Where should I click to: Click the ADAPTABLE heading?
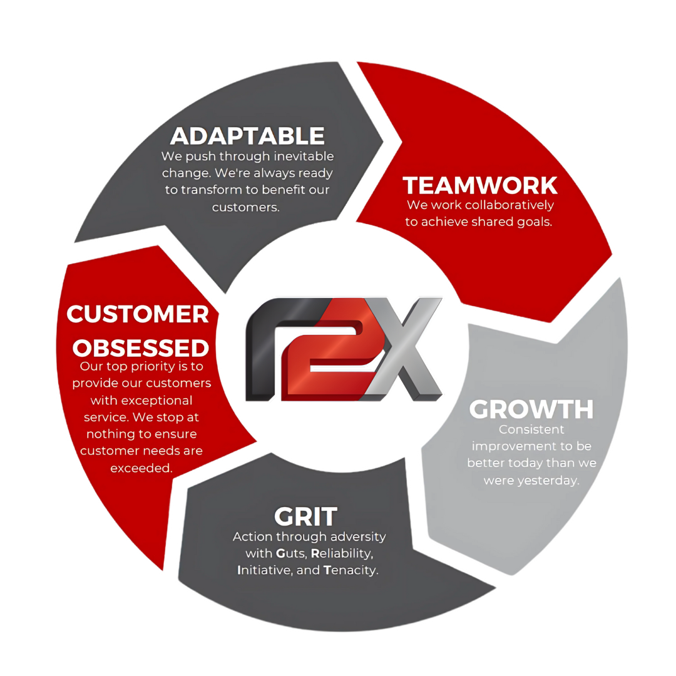point(247,136)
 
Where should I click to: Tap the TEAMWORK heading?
point(480,185)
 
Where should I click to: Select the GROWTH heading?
point(531,409)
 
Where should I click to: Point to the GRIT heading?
point(305,516)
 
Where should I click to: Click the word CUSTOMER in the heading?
point(138,314)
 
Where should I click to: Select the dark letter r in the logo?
point(269,351)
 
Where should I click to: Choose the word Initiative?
point(261,570)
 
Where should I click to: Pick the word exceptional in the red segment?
point(141,400)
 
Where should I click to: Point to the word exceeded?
point(141,468)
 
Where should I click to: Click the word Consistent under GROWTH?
point(531,429)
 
